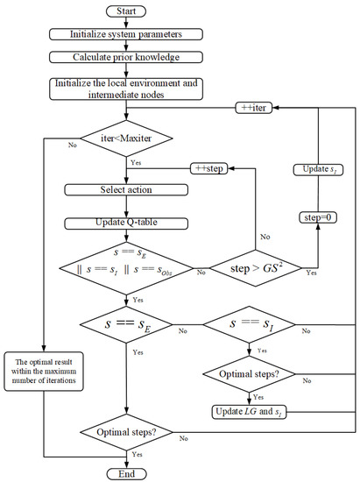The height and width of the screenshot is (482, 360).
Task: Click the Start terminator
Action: pos(129,11)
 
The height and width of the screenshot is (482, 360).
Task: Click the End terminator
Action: pos(129,472)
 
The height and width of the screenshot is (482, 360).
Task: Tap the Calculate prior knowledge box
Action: pos(129,57)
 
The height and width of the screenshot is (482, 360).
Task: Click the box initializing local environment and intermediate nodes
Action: pos(129,88)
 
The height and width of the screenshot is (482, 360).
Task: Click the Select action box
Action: pos(129,189)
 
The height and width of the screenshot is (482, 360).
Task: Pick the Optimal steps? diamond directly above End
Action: pos(129,433)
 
